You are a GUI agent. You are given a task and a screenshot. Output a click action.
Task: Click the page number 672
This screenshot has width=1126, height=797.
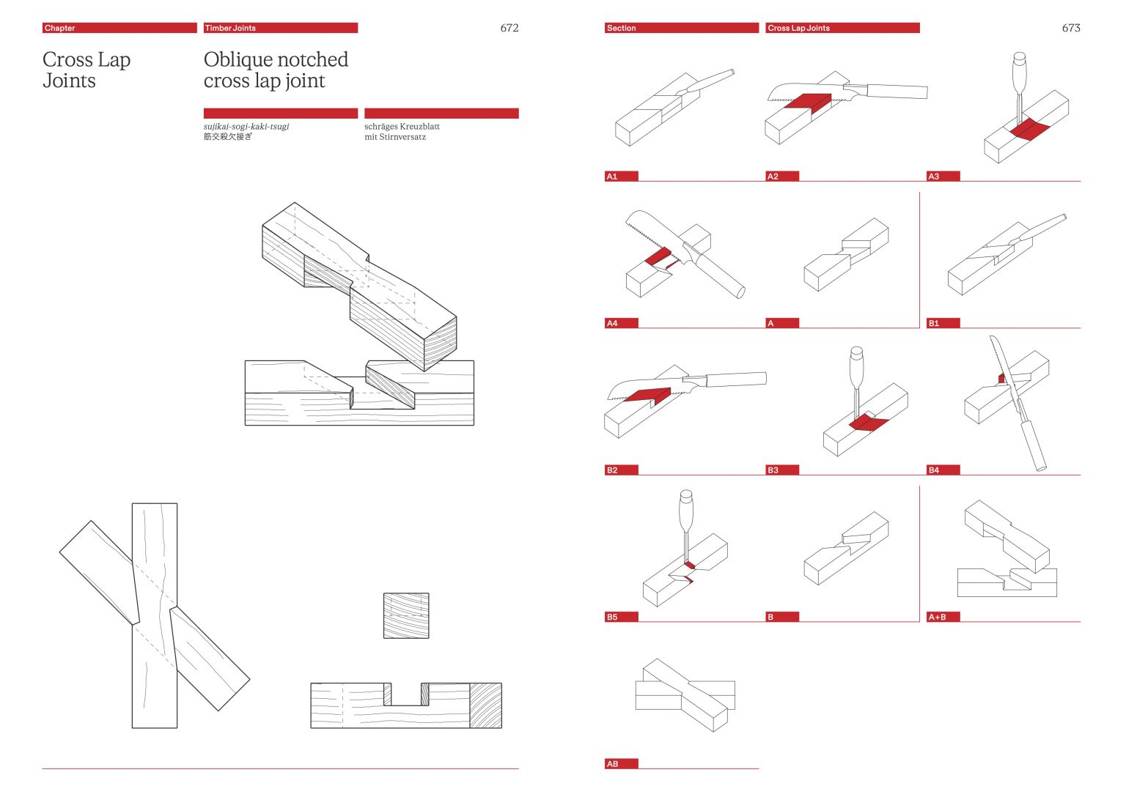(x=509, y=28)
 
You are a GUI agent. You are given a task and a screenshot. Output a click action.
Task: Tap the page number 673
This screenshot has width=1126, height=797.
(x=1070, y=28)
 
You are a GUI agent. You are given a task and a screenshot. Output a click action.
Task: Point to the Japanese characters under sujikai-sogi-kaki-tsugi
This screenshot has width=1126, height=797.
(x=227, y=137)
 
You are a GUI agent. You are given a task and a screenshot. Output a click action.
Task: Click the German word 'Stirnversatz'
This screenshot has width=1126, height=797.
(x=402, y=137)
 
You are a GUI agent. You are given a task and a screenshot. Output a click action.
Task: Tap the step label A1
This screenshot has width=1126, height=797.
(x=612, y=177)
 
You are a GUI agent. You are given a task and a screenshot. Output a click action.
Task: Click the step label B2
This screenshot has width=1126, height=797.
(x=612, y=470)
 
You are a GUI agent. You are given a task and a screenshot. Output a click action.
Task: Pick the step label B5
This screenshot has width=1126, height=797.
(x=612, y=617)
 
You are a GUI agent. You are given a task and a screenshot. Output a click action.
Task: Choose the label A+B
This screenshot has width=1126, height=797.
(x=937, y=617)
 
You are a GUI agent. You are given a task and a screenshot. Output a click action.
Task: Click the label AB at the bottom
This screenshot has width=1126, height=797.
(x=612, y=764)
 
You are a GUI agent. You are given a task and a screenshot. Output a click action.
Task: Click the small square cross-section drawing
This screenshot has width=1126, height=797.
(x=406, y=615)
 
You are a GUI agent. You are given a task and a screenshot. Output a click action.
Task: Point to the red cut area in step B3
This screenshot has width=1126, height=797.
(x=867, y=423)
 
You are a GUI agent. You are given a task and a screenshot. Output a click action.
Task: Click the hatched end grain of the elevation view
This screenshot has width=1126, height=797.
(x=485, y=705)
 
